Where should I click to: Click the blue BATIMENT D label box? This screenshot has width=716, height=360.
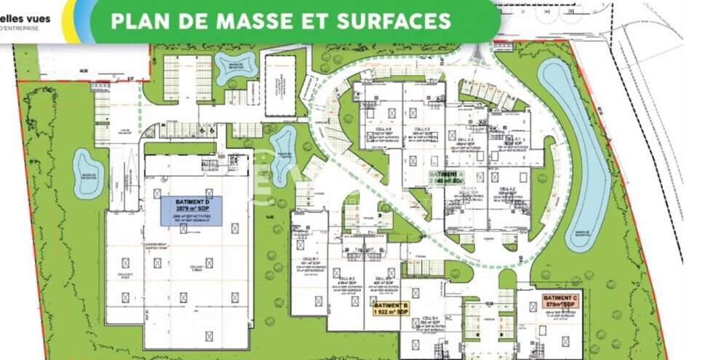[x=191, y=211]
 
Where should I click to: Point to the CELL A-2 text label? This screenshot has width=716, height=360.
[x=507, y=188]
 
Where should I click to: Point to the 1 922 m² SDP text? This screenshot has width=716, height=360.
[x=391, y=312]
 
